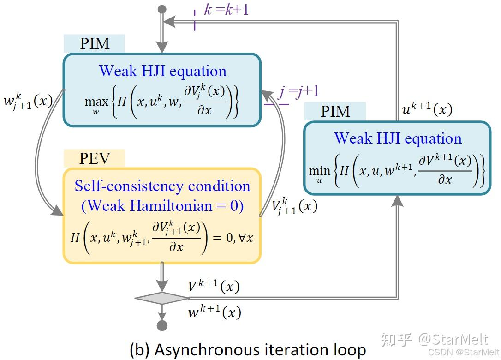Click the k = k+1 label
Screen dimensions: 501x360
pyautogui.click(x=226, y=9)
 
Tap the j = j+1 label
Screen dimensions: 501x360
pyautogui.click(x=298, y=91)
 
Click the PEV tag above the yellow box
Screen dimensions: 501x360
pyautogui.click(x=95, y=158)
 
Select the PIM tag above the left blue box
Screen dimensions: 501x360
pyautogui.click(x=95, y=43)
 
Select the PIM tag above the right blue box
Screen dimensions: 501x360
pyautogui.click(x=335, y=111)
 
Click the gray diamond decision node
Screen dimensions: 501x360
pyautogui.click(x=161, y=298)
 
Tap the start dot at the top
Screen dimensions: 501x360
pyautogui.click(x=161, y=9)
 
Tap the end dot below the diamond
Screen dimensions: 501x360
pyautogui.click(x=161, y=326)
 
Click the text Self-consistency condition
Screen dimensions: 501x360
pyautogui.click(x=162, y=186)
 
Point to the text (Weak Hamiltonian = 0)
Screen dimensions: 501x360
pyautogui.click(x=162, y=205)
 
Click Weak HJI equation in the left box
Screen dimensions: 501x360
pyautogui.click(x=162, y=71)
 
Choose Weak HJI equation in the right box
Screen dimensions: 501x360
pyautogui.click(x=398, y=138)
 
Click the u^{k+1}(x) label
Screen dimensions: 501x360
pyautogui.click(x=427, y=109)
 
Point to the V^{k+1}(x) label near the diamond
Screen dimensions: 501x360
pyautogui.click(x=213, y=286)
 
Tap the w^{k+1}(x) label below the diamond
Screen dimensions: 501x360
pyautogui.click(x=214, y=312)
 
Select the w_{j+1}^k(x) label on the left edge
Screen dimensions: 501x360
pyautogui.click(x=27, y=101)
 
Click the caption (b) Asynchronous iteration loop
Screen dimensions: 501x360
pyautogui.click(x=248, y=349)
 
